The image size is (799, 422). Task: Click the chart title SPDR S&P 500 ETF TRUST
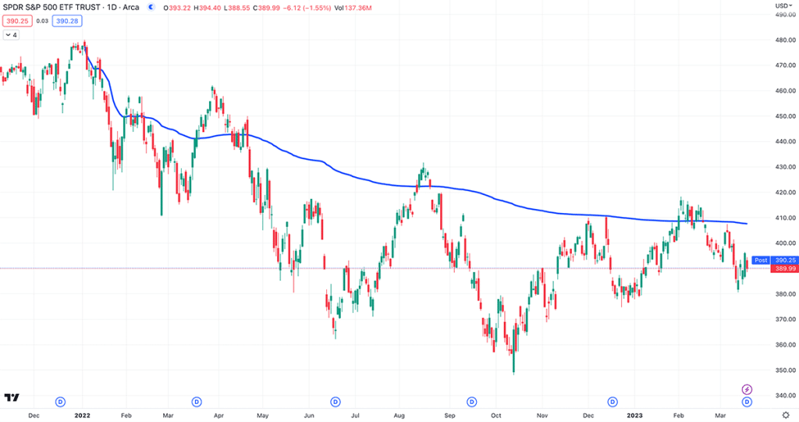pyautogui.click(x=51, y=7)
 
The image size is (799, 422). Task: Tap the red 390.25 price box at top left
pyautogui.click(x=16, y=21)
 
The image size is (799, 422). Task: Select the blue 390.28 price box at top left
pyautogui.click(x=67, y=21)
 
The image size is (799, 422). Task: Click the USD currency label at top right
pyautogui.click(x=781, y=5)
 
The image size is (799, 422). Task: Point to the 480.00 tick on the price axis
pyautogui.click(x=783, y=41)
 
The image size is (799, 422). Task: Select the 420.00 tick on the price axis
pyautogui.click(x=783, y=193)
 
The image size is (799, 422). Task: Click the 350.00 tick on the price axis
pyautogui.click(x=783, y=370)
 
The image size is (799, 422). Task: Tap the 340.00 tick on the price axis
pyautogui.click(x=783, y=395)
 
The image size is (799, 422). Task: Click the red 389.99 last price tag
pyautogui.click(x=783, y=269)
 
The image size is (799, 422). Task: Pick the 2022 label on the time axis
pyautogui.click(x=83, y=416)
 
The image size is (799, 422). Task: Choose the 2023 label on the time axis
pyautogui.click(x=636, y=416)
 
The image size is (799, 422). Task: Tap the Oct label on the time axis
pyautogui.click(x=495, y=416)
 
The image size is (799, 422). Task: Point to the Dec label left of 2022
pyautogui.click(x=34, y=416)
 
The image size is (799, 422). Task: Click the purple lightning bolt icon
pyautogui.click(x=747, y=389)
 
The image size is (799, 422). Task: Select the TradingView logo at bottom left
pyautogui.click(x=12, y=399)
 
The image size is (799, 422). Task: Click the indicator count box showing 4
pyautogui.click(x=12, y=35)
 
